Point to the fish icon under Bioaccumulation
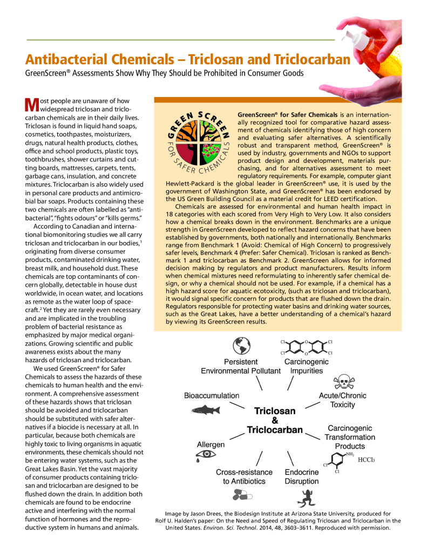tap(206, 410)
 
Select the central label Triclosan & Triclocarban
tap(275, 420)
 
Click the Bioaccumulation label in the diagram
tap(212, 395)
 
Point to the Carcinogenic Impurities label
tap(306, 366)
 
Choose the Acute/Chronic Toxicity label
tap(343, 400)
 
